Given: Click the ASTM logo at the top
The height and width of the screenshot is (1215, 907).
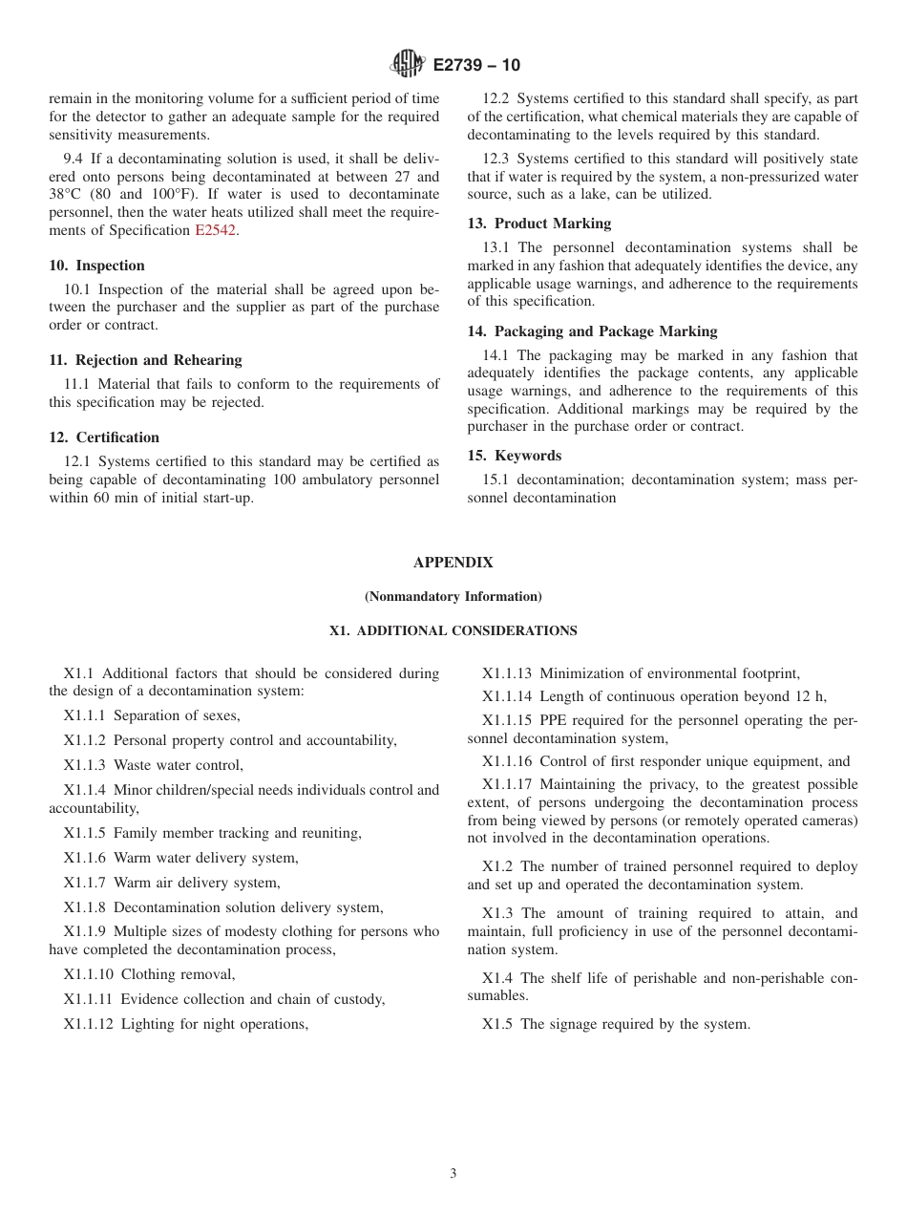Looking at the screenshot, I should [x=409, y=65].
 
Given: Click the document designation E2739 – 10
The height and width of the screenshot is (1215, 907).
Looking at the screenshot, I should [x=476, y=66].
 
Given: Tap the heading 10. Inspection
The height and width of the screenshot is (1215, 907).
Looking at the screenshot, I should [x=97, y=266].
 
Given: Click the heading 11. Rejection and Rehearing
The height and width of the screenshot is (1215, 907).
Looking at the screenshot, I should [x=146, y=360].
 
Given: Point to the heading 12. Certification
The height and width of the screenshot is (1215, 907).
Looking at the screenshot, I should [x=104, y=437].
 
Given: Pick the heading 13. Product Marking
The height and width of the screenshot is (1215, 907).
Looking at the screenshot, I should [x=539, y=224].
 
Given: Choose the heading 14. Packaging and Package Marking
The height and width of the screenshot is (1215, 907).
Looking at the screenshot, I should [x=592, y=331].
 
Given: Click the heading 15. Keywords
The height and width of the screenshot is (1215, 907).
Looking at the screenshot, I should [x=515, y=456].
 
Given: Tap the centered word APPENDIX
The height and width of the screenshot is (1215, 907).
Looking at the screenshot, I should [x=453, y=563].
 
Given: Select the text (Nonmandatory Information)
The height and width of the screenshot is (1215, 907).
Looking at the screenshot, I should [x=453, y=597].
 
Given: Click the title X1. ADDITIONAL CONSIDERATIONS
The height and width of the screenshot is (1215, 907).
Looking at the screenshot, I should [x=453, y=630].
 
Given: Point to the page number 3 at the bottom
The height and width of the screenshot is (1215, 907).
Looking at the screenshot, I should [x=453, y=1174].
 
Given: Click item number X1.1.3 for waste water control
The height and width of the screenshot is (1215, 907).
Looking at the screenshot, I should [x=85, y=765].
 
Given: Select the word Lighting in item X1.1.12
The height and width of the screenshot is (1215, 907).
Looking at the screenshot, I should [x=148, y=1024].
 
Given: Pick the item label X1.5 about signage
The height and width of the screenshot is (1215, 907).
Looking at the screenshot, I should [x=497, y=1024].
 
